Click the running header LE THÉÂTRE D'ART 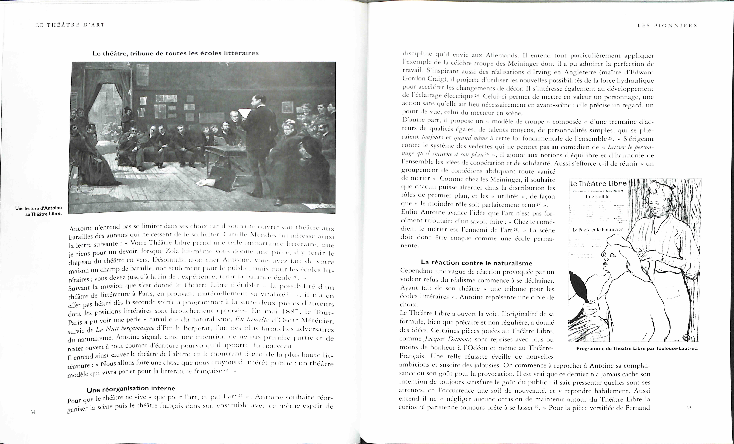pyautogui.click(x=70, y=25)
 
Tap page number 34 pyautogui.click(x=33, y=412)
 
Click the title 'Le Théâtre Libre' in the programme pyautogui.click(x=598, y=184)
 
